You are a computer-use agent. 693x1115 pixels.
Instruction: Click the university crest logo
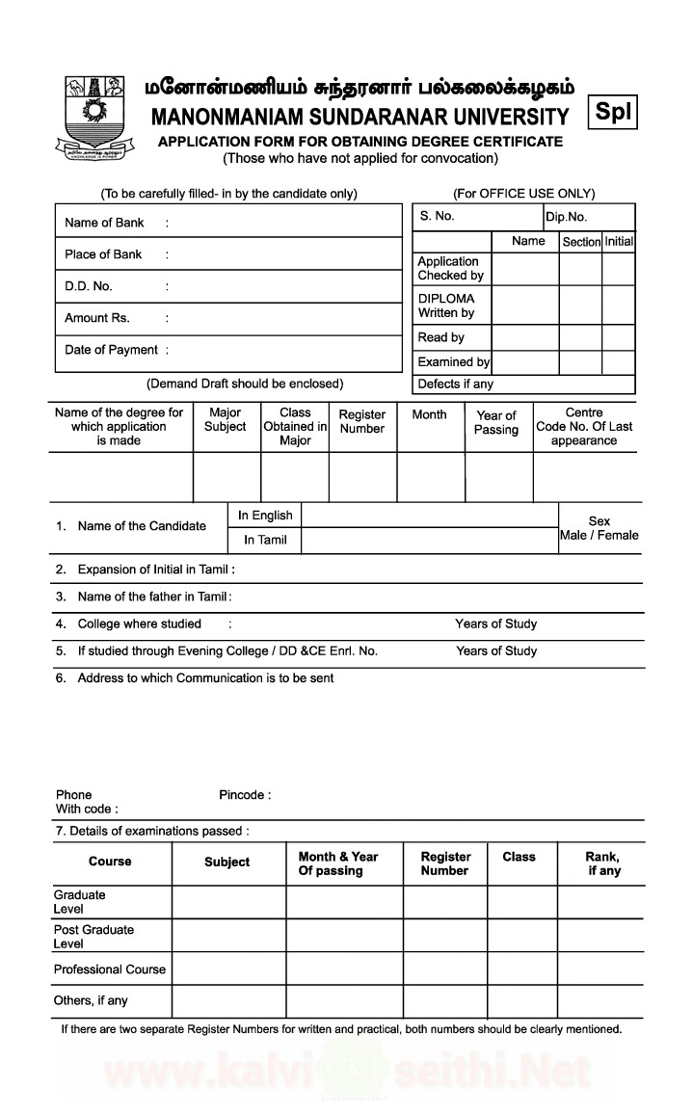click(x=95, y=119)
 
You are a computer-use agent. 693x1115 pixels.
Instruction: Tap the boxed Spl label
click(x=613, y=112)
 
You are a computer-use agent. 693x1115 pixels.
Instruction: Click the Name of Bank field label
click(x=104, y=223)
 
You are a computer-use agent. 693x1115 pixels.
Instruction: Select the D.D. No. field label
click(x=89, y=286)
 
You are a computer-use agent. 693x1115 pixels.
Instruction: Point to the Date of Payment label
click(x=111, y=350)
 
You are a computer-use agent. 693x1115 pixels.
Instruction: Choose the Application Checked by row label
click(x=449, y=268)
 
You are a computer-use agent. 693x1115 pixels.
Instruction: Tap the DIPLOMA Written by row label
click(x=446, y=305)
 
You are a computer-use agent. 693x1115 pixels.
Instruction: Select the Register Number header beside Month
click(x=362, y=421)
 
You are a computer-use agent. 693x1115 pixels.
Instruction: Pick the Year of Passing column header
click(x=496, y=423)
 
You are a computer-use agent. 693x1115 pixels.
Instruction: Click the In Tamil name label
click(x=265, y=540)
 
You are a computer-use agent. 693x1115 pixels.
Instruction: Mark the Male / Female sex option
click(x=599, y=535)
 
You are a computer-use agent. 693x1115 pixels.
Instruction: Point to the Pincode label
click(x=245, y=795)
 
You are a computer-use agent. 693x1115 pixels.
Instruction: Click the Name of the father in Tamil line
click(x=154, y=597)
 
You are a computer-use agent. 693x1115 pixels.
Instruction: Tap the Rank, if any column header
click(x=603, y=863)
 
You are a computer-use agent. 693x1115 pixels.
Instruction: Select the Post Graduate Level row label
click(x=93, y=937)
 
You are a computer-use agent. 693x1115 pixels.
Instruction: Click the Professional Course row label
click(x=110, y=969)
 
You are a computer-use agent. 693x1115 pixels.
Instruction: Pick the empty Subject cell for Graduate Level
click(x=228, y=902)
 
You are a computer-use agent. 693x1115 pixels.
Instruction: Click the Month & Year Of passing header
click(x=338, y=863)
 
